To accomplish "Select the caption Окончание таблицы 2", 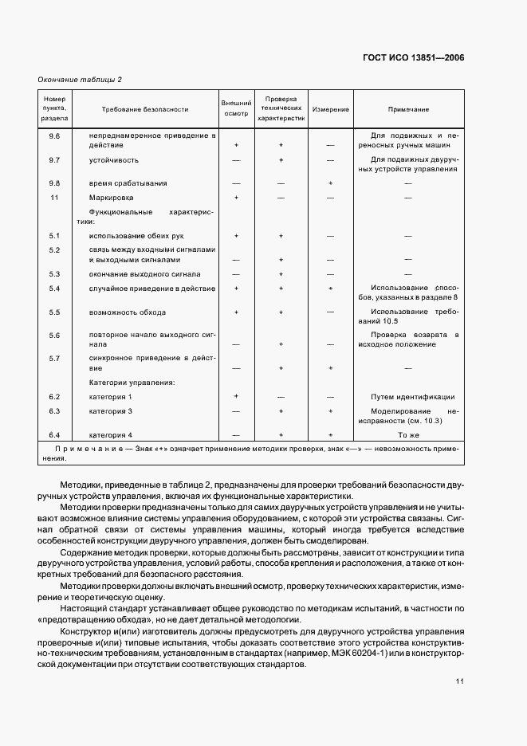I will point(81,79).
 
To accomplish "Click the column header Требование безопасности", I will point(145,109).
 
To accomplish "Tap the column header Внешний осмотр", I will point(236,109).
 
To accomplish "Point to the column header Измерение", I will point(329,109).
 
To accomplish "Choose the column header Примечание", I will point(408,109).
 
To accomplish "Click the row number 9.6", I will point(55,136).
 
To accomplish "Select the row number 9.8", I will point(55,183).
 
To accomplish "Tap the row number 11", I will point(55,197).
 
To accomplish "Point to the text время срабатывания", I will point(128,183).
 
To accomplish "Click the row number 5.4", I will point(55,287).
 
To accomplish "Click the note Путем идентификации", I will point(413,396).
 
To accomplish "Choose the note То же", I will point(408,435).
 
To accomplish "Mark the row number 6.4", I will point(55,435).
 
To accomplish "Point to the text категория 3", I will point(112,410).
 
